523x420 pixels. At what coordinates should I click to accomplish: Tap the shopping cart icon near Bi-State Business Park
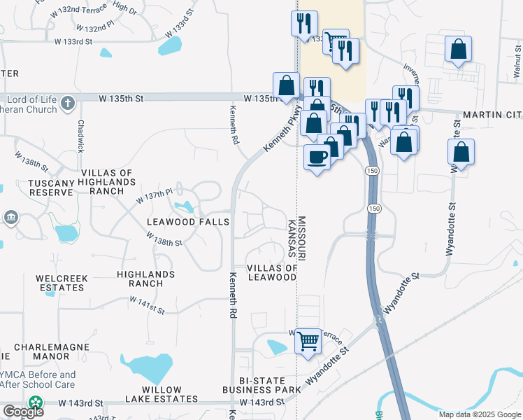tap(308, 342)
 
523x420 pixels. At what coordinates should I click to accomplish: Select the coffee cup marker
tap(317, 158)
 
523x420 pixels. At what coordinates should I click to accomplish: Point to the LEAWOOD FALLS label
tap(187, 222)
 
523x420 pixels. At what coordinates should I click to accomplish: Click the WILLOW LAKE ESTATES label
tap(162, 394)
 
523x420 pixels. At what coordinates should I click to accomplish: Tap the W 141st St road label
tap(147, 304)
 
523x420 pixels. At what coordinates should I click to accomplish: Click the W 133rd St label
tap(73, 42)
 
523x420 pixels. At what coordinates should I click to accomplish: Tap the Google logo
tap(23, 412)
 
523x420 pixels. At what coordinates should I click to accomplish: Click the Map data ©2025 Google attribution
tap(479, 414)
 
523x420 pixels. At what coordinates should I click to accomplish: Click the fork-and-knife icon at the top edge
tap(304, 22)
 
